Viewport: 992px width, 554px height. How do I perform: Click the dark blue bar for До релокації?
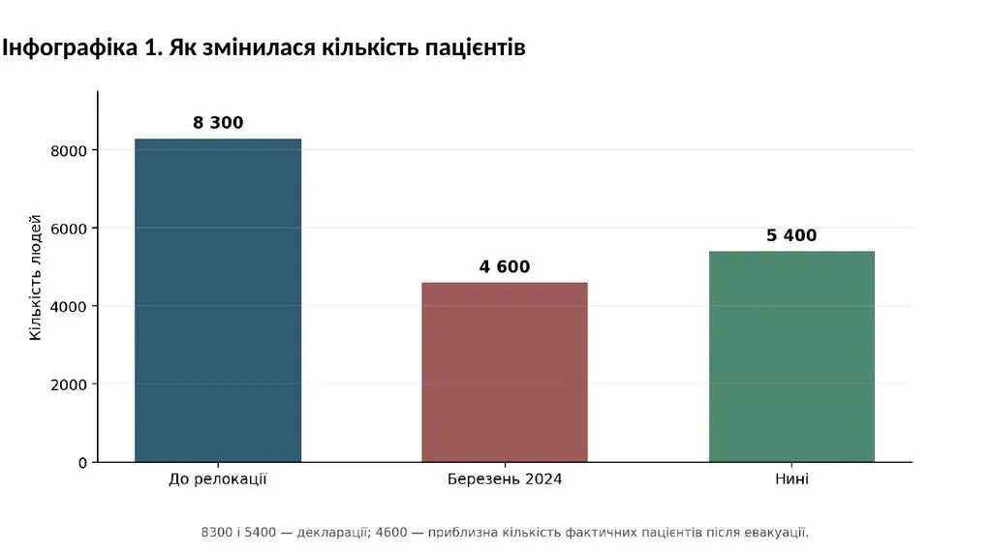[218, 300]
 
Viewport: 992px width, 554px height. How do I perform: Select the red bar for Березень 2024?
[505, 373]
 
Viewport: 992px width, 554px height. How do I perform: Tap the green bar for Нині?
[791, 356]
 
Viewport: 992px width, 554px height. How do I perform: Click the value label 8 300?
[218, 123]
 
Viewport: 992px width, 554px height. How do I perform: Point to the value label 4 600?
[505, 267]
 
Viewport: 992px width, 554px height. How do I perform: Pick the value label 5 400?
[791, 235]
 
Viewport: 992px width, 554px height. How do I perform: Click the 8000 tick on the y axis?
[69, 150]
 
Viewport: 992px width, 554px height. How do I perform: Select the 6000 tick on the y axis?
[69, 229]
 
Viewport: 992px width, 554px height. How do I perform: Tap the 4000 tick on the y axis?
[69, 307]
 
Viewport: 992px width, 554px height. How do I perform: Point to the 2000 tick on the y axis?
[69, 385]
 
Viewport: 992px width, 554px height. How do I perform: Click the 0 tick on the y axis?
[82, 463]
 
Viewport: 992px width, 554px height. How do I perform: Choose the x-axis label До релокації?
[218, 479]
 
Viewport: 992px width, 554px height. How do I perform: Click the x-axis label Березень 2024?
[505, 479]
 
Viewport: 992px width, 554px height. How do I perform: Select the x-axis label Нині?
[791, 479]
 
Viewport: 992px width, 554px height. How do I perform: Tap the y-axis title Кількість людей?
[36, 278]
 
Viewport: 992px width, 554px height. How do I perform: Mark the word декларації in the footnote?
[333, 533]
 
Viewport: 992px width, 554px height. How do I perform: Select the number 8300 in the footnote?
[216, 533]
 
